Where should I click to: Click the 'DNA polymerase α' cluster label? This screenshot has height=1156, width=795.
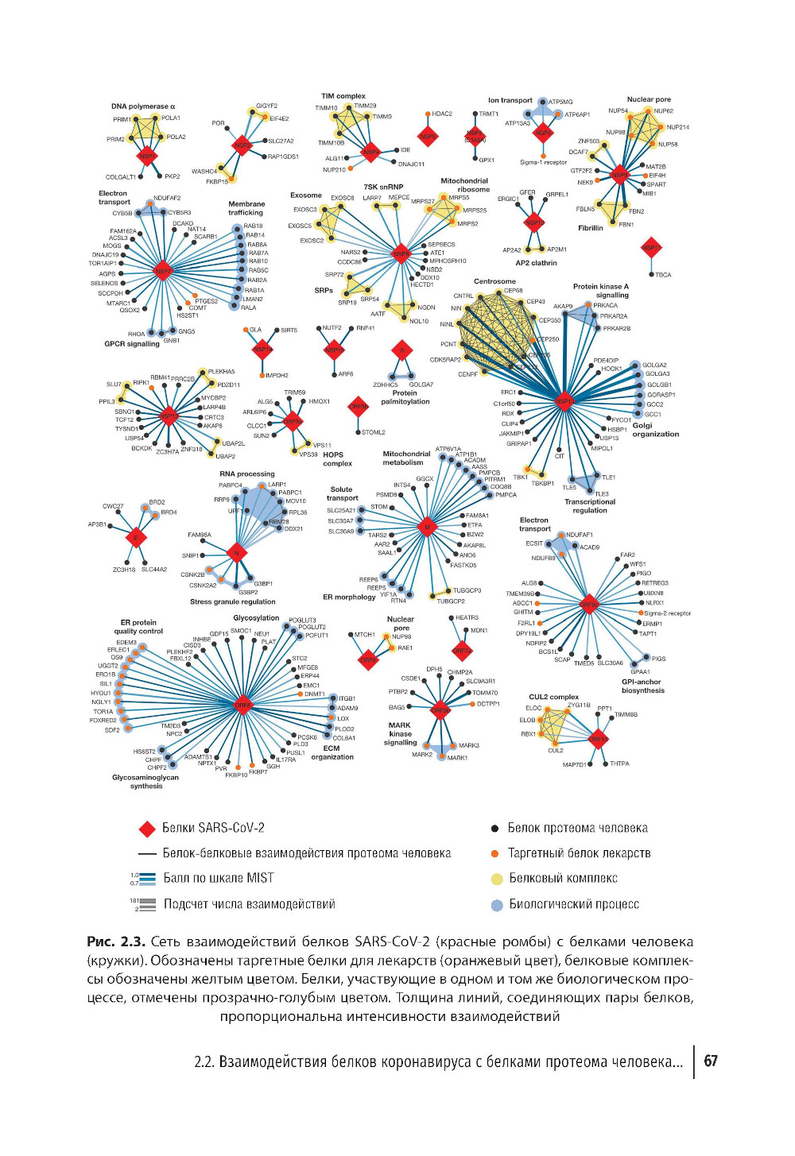pos(143,106)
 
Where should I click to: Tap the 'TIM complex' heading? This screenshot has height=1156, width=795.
pos(343,96)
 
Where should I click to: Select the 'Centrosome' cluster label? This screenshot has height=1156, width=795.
pos(494,281)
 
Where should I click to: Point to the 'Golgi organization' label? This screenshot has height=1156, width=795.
pos(655,430)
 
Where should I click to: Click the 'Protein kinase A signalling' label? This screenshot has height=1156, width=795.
pos(600,291)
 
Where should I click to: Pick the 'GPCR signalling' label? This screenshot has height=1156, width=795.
pos(132,344)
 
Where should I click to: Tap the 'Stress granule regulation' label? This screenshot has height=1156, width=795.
pos(232,601)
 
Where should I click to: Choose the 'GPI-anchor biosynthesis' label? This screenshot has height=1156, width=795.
pos(642,686)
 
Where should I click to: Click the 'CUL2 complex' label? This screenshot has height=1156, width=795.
pos(553,697)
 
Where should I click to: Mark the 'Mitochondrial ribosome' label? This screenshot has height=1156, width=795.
pos(465,185)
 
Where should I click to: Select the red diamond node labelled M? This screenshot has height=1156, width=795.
pos(428,527)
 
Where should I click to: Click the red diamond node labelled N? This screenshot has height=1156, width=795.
pos(236,552)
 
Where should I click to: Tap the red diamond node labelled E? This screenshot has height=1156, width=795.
pos(136,538)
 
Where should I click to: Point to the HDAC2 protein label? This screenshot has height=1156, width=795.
pos(442,114)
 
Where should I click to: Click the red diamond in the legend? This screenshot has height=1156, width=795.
pos(147,829)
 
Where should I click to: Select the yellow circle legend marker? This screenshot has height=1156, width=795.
pos(497,879)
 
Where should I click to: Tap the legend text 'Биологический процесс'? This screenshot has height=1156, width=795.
pos(574,904)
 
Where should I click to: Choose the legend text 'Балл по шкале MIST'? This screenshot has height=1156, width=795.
pos(219,878)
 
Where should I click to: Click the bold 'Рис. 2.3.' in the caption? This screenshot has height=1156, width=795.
pos(116,941)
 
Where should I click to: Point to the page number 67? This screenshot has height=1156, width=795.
pos(711,1061)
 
